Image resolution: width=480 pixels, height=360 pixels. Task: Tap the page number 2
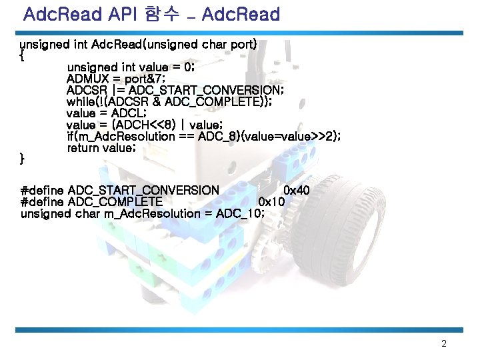tap(444, 344)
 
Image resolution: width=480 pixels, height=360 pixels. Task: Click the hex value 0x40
tap(297, 191)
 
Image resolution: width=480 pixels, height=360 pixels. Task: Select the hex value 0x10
tap(272, 202)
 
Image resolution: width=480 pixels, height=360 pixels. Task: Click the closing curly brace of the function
tap(23, 159)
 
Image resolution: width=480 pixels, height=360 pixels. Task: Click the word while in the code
tap(82, 101)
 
